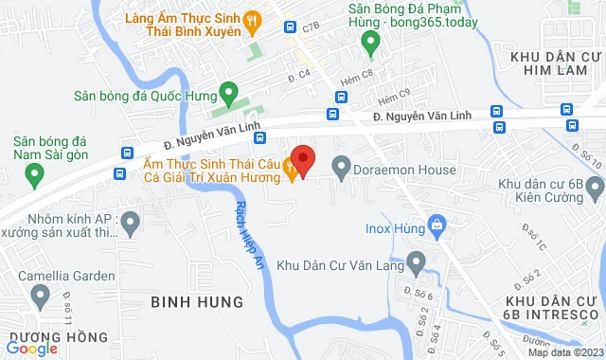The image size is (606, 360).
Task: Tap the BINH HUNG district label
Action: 196,301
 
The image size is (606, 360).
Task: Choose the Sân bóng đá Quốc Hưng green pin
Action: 228,93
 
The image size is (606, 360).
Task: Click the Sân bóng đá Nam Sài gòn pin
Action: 35,174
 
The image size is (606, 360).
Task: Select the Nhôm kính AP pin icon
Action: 131,224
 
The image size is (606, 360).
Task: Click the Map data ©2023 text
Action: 564,352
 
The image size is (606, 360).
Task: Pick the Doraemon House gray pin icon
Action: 342,170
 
